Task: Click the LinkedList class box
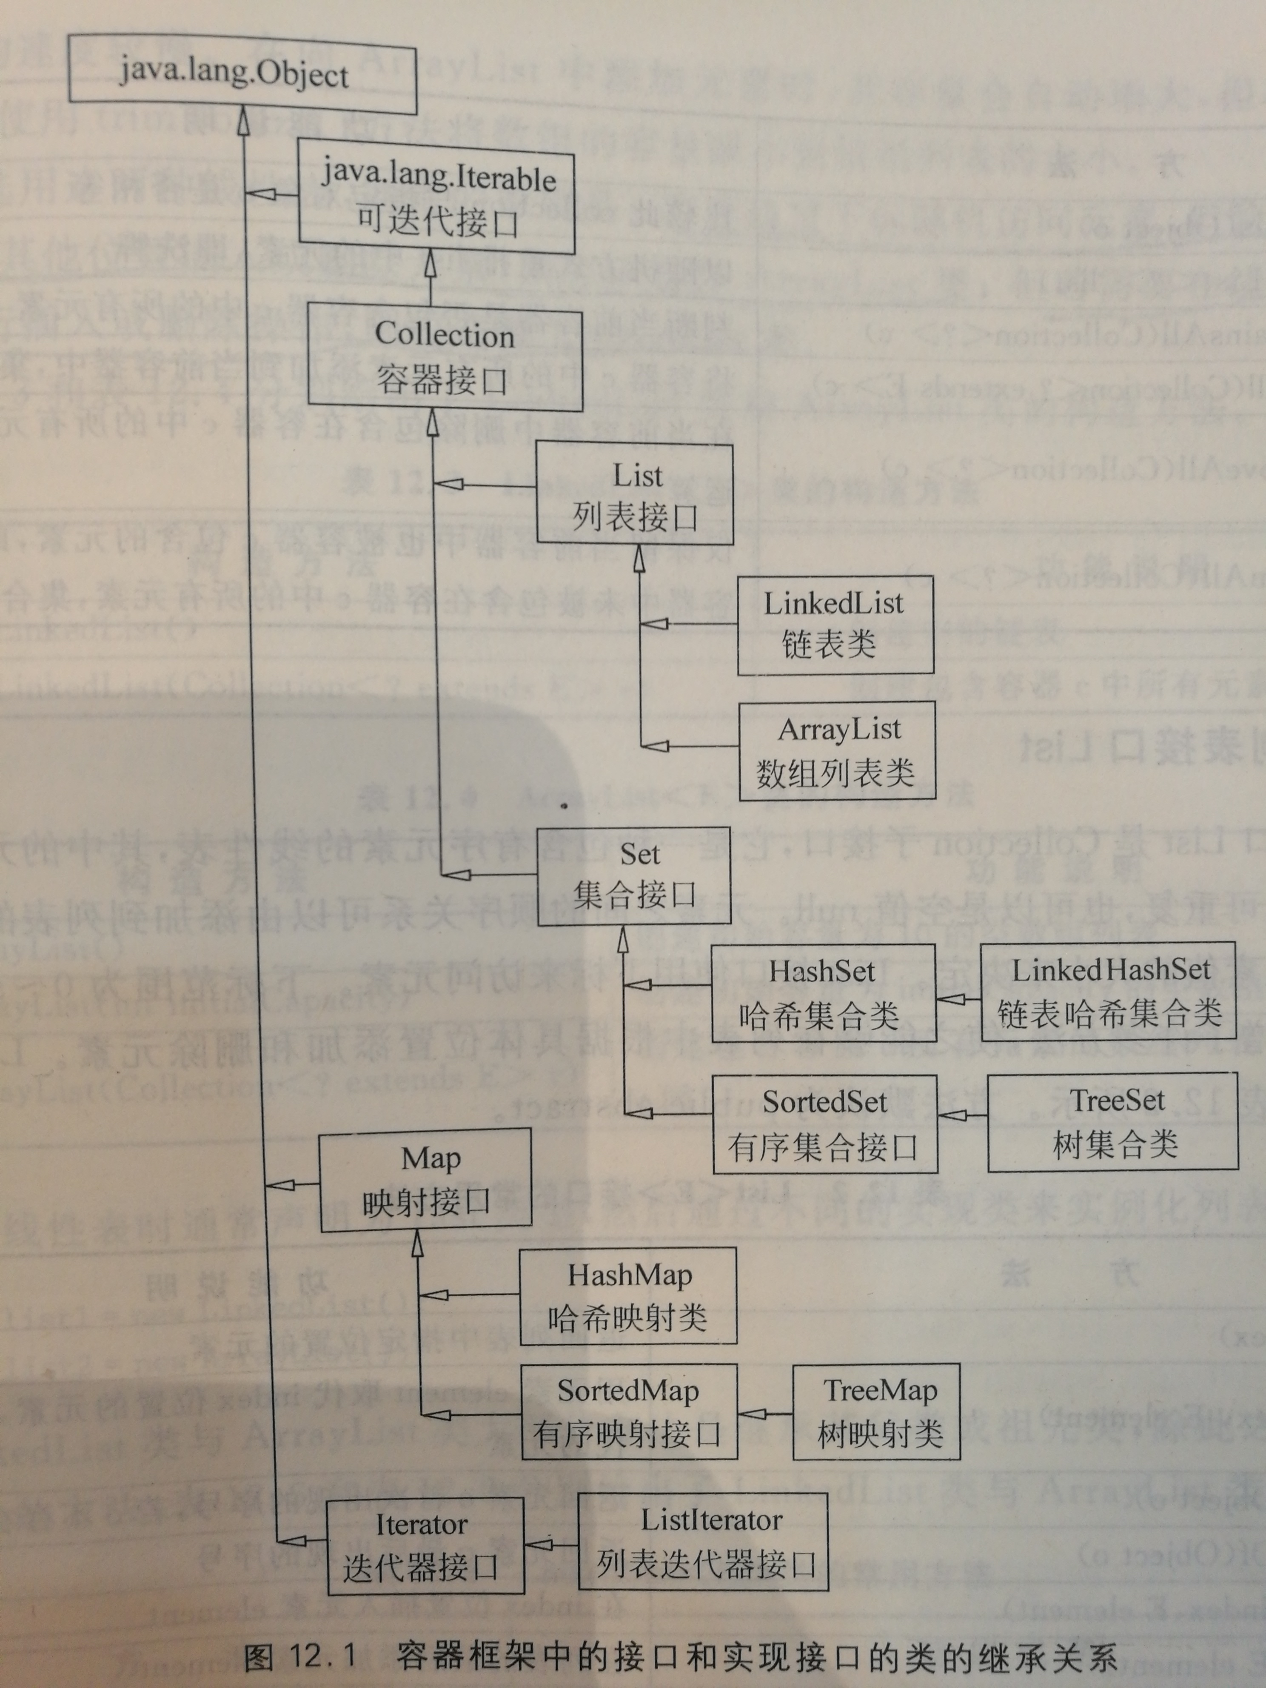pyautogui.click(x=834, y=624)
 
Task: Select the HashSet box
pyautogui.click(x=823, y=992)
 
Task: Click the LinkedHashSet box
pyautogui.click(x=1108, y=990)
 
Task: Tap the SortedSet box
pyautogui.click(x=824, y=1123)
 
